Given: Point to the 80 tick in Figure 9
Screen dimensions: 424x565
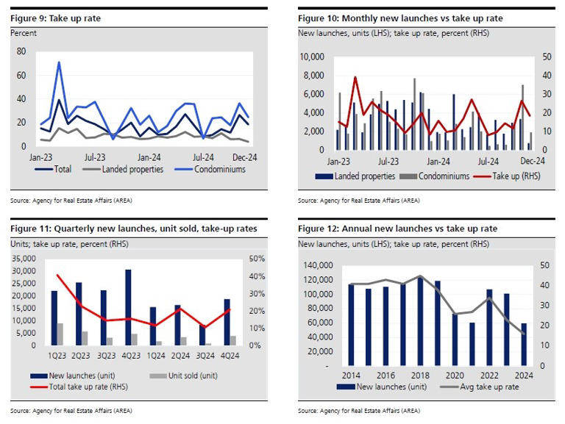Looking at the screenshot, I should [21, 51].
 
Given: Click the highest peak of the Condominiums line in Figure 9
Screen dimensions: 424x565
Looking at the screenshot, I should [59, 62].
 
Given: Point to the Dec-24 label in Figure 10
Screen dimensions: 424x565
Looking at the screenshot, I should [532, 161].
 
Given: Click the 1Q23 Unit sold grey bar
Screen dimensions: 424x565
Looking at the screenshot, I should [60, 334].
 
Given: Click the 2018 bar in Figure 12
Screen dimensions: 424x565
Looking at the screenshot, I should [420, 321].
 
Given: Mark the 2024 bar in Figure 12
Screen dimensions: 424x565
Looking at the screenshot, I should [524, 344].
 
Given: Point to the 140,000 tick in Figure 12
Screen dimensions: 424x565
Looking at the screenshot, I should [315, 266].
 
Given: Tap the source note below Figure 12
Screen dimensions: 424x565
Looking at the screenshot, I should [359, 409].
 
